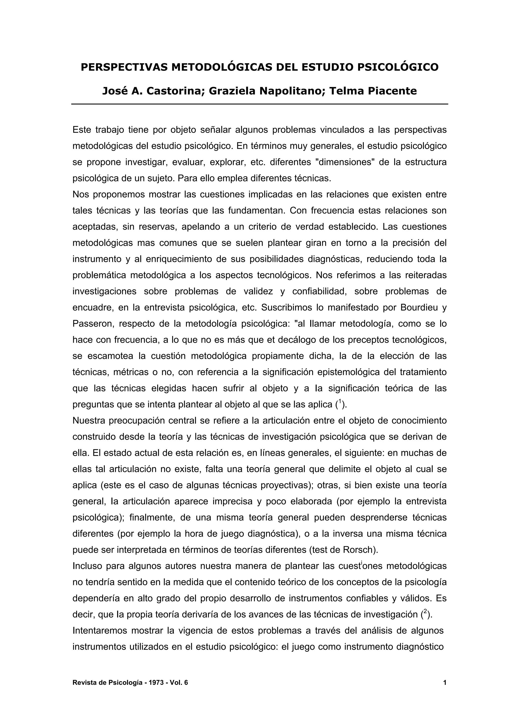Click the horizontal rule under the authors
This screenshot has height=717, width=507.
point(259,104)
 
